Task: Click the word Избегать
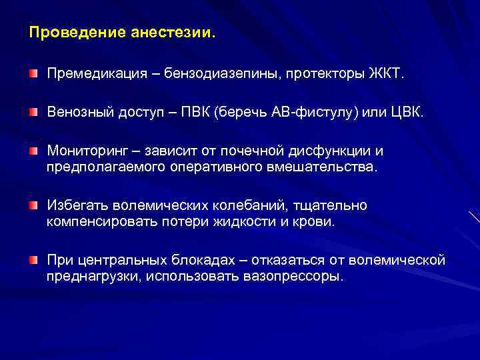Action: (x=74, y=206)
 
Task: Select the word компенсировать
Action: (x=102, y=221)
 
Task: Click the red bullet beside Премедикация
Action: (x=33, y=71)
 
